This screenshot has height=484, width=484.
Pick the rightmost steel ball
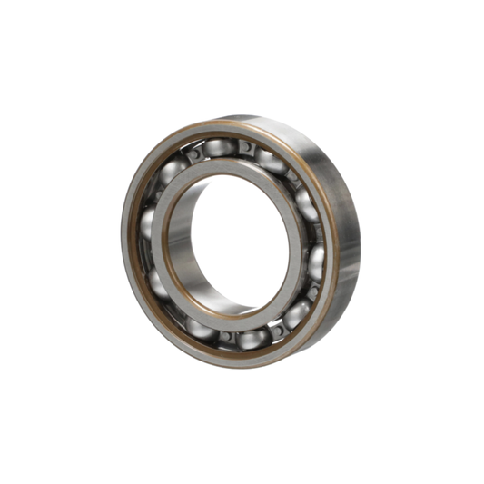pos(318,262)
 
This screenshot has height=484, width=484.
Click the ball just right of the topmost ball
pos(270,162)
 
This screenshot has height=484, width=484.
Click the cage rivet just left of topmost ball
pos(193,155)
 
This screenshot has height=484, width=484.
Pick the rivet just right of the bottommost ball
pos(278,330)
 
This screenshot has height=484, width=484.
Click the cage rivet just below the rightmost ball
pos(311,291)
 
